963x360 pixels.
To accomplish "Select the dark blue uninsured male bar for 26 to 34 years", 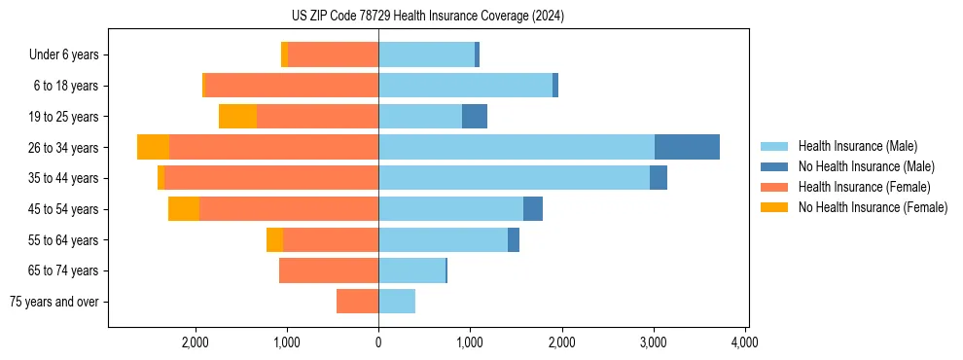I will [x=687, y=147].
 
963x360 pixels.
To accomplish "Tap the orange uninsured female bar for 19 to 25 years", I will [x=237, y=117].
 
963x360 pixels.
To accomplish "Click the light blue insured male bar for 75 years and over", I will [x=397, y=302].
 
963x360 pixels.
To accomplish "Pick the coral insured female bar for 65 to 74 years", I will [x=329, y=270].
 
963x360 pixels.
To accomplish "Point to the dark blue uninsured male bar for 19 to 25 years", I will [x=475, y=117].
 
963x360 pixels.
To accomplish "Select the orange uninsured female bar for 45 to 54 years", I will [x=184, y=209].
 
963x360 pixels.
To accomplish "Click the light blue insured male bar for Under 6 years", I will [x=426, y=54].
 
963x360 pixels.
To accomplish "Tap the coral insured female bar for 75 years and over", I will [x=357, y=302].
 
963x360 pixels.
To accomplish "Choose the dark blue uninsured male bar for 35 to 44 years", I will [x=659, y=178].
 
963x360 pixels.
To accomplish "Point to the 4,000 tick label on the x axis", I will [x=745, y=342].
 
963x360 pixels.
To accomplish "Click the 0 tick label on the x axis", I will [x=378, y=342].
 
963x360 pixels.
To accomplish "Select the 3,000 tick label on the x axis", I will [x=653, y=342].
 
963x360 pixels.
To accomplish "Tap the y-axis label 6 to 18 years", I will [x=66, y=86].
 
